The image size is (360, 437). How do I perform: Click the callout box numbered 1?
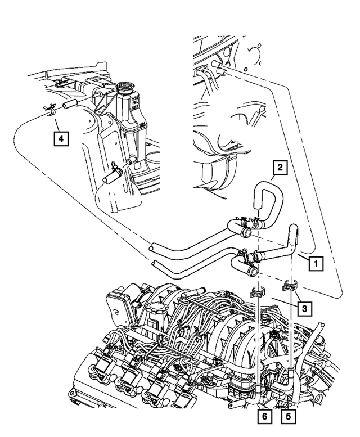point(317,262)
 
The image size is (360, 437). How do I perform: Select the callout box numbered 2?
point(278,166)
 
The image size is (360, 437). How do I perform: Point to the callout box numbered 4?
point(61,137)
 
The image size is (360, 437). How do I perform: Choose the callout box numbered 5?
point(288,417)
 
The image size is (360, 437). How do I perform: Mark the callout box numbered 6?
point(263,417)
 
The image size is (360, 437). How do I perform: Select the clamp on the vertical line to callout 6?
point(256,292)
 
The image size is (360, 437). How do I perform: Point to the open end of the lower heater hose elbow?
point(254,272)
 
